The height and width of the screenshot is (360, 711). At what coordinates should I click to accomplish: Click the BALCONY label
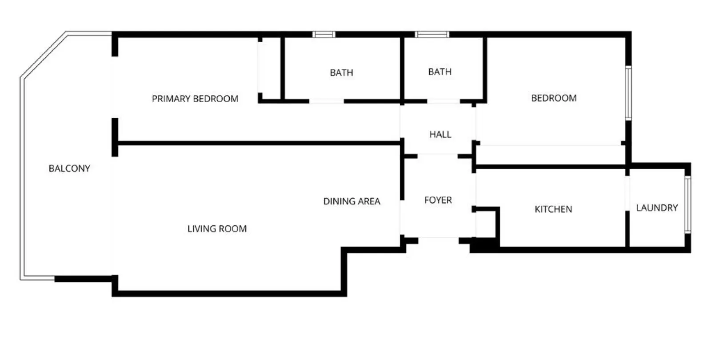point(69,168)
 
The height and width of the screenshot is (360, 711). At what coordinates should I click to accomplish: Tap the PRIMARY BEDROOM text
point(195,99)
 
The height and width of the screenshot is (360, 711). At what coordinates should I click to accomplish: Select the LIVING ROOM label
point(217,228)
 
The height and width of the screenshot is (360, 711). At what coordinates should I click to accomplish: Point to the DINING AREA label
point(352,201)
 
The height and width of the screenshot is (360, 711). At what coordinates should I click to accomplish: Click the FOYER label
point(438,200)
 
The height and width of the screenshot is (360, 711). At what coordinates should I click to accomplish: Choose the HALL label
point(440,134)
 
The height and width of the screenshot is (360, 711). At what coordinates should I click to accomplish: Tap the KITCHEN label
point(553,209)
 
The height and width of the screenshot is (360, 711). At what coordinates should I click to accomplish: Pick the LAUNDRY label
point(657,208)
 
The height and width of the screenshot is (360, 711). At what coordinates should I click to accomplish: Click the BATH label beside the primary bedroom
point(342,73)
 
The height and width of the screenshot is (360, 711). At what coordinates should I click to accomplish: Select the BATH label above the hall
point(439,72)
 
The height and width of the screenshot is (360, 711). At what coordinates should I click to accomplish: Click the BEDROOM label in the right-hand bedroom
point(554,98)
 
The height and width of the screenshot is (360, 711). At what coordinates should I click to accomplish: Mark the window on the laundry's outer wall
point(687,205)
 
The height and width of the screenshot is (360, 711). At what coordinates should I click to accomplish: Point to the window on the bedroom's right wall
point(628,93)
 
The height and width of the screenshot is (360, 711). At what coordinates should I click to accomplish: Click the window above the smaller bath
point(432,34)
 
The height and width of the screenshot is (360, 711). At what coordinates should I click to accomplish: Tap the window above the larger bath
point(324,34)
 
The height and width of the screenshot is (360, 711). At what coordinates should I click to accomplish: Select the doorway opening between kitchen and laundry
point(627,193)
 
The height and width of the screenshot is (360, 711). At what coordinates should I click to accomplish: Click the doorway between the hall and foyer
point(437,156)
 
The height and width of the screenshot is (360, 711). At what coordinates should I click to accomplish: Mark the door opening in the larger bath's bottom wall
point(327,101)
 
